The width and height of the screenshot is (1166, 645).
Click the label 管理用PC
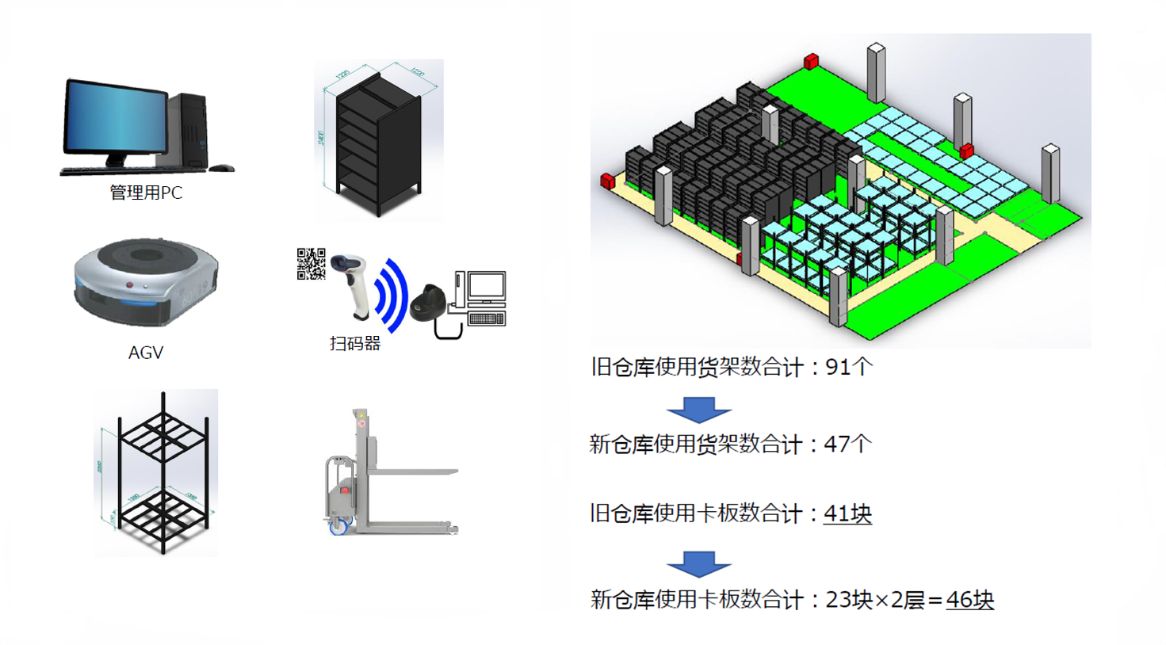pyautogui.click(x=146, y=193)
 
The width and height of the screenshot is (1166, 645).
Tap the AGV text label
pyautogui.click(x=146, y=353)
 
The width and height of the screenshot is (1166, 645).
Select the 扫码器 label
pyautogui.click(x=355, y=343)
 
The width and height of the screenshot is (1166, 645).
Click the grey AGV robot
pyautogui.click(x=146, y=281)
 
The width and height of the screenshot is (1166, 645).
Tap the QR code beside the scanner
pyautogui.click(x=311, y=264)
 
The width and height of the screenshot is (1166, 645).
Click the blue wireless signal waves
pyautogui.click(x=392, y=296)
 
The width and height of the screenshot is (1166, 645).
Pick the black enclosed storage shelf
pyautogui.click(x=377, y=143)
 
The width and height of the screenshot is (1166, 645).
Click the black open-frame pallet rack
pyautogui.click(x=162, y=472)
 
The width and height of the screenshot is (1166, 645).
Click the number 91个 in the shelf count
pyautogui.click(x=848, y=367)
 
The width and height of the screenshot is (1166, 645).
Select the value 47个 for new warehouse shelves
pyautogui.click(x=847, y=444)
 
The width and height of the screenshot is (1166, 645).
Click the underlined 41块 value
pyautogui.click(x=847, y=513)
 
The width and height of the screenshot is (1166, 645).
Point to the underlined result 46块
pyautogui.click(x=969, y=600)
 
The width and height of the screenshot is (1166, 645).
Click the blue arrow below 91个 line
pyautogui.click(x=699, y=408)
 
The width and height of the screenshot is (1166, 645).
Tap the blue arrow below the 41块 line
pyautogui.click(x=699, y=563)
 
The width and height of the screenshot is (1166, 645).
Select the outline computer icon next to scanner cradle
pyautogui.click(x=482, y=298)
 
